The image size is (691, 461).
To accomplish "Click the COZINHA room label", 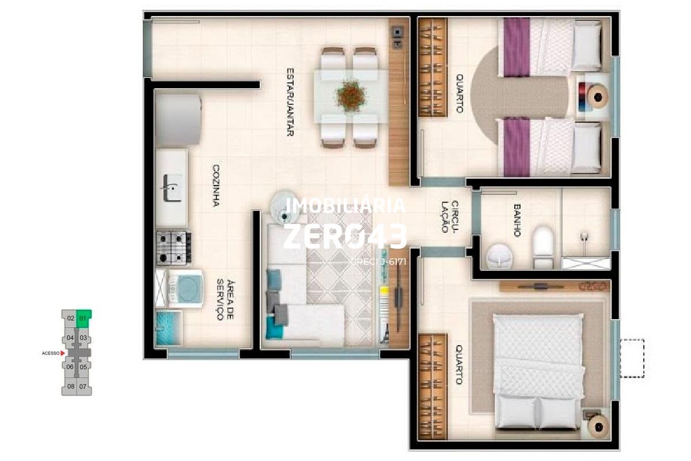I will click(217, 186).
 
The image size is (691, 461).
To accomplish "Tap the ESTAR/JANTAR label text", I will click(291, 103).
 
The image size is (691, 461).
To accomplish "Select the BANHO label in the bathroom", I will click(517, 220).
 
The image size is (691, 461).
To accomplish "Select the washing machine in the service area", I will click(185, 288).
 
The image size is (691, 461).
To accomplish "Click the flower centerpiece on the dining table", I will click(351, 95).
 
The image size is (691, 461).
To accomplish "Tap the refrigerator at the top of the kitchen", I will click(177, 121).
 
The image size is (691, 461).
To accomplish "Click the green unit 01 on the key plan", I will click(83, 318).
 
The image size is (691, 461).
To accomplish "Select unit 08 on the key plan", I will click(70, 386).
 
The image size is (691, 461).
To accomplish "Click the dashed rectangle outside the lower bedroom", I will click(632, 358).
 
